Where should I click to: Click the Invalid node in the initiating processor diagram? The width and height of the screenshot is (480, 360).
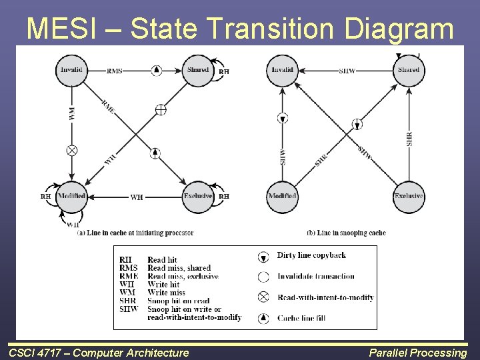point(72,70)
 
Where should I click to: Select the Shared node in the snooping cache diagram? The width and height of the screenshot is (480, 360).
point(409,70)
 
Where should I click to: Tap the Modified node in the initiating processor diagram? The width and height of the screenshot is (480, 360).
point(71,197)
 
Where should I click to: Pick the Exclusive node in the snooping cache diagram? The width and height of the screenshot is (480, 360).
point(409,197)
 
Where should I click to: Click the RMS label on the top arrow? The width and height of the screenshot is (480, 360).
point(114,71)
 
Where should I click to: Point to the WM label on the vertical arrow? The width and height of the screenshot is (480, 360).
point(71,113)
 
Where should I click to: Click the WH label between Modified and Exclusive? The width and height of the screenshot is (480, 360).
point(136,197)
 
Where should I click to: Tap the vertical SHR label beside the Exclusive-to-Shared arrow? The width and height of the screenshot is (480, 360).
point(409,139)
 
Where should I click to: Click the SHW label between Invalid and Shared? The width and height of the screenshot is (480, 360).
point(347,71)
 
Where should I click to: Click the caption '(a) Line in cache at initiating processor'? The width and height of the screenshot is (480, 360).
point(135,233)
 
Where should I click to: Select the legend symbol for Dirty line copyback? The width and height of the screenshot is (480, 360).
point(264,257)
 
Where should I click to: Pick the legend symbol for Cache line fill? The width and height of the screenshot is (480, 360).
point(264,319)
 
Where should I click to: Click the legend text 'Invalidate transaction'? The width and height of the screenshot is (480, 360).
point(316,276)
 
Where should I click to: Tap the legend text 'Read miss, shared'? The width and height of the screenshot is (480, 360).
point(179,268)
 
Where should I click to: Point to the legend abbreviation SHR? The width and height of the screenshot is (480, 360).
point(127,301)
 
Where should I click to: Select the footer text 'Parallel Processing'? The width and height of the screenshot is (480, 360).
point(419,353)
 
